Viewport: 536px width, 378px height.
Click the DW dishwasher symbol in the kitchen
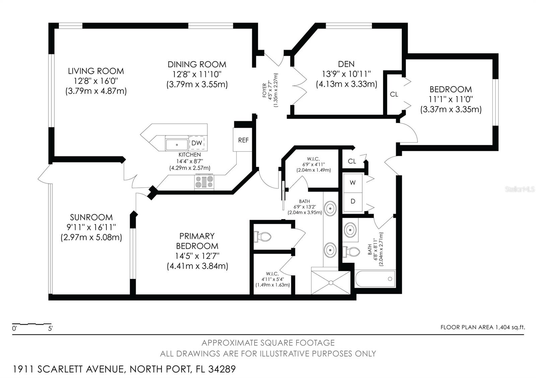click(197, 143)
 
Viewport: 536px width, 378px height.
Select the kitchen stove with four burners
click(204, 182)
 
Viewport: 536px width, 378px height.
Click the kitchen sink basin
click(177, 145)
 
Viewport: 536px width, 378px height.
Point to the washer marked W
click(353, 183)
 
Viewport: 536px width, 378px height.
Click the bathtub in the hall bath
click(375, 279)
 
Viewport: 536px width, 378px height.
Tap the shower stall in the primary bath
click(331, 283)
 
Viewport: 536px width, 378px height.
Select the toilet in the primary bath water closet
click(263, 237)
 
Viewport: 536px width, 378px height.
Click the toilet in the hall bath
click(351, 252)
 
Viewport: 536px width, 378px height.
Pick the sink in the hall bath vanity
click(350, 230)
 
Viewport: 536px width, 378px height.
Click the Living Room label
click(96, 71)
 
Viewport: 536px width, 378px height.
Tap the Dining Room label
click(197, 64)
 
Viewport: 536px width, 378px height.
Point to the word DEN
click(346, 64)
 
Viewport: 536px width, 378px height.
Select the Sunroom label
click(91, 217)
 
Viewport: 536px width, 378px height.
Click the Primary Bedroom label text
click(197, 241)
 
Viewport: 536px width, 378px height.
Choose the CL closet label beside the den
click(394, 94)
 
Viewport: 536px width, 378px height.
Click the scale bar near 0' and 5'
click(32, 324)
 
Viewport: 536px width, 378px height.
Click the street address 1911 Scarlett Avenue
click(69, 369)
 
